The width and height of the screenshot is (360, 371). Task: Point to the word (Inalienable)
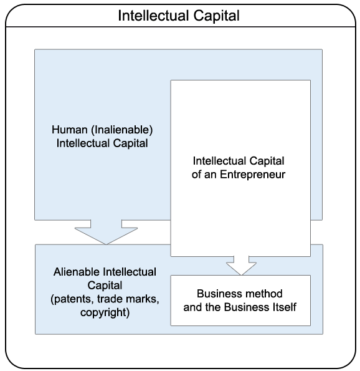[121, 130]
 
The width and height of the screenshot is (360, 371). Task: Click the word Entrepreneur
[252, 175]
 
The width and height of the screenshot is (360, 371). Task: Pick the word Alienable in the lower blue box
[77, 272]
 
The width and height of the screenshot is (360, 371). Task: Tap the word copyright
[105, 312]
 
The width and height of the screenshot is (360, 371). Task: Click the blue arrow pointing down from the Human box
[106, 232]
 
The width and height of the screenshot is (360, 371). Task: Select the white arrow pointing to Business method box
[241, 266]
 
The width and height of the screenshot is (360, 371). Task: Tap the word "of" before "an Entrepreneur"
[197, 175]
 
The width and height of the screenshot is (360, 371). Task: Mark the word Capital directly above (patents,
[105, 286]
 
